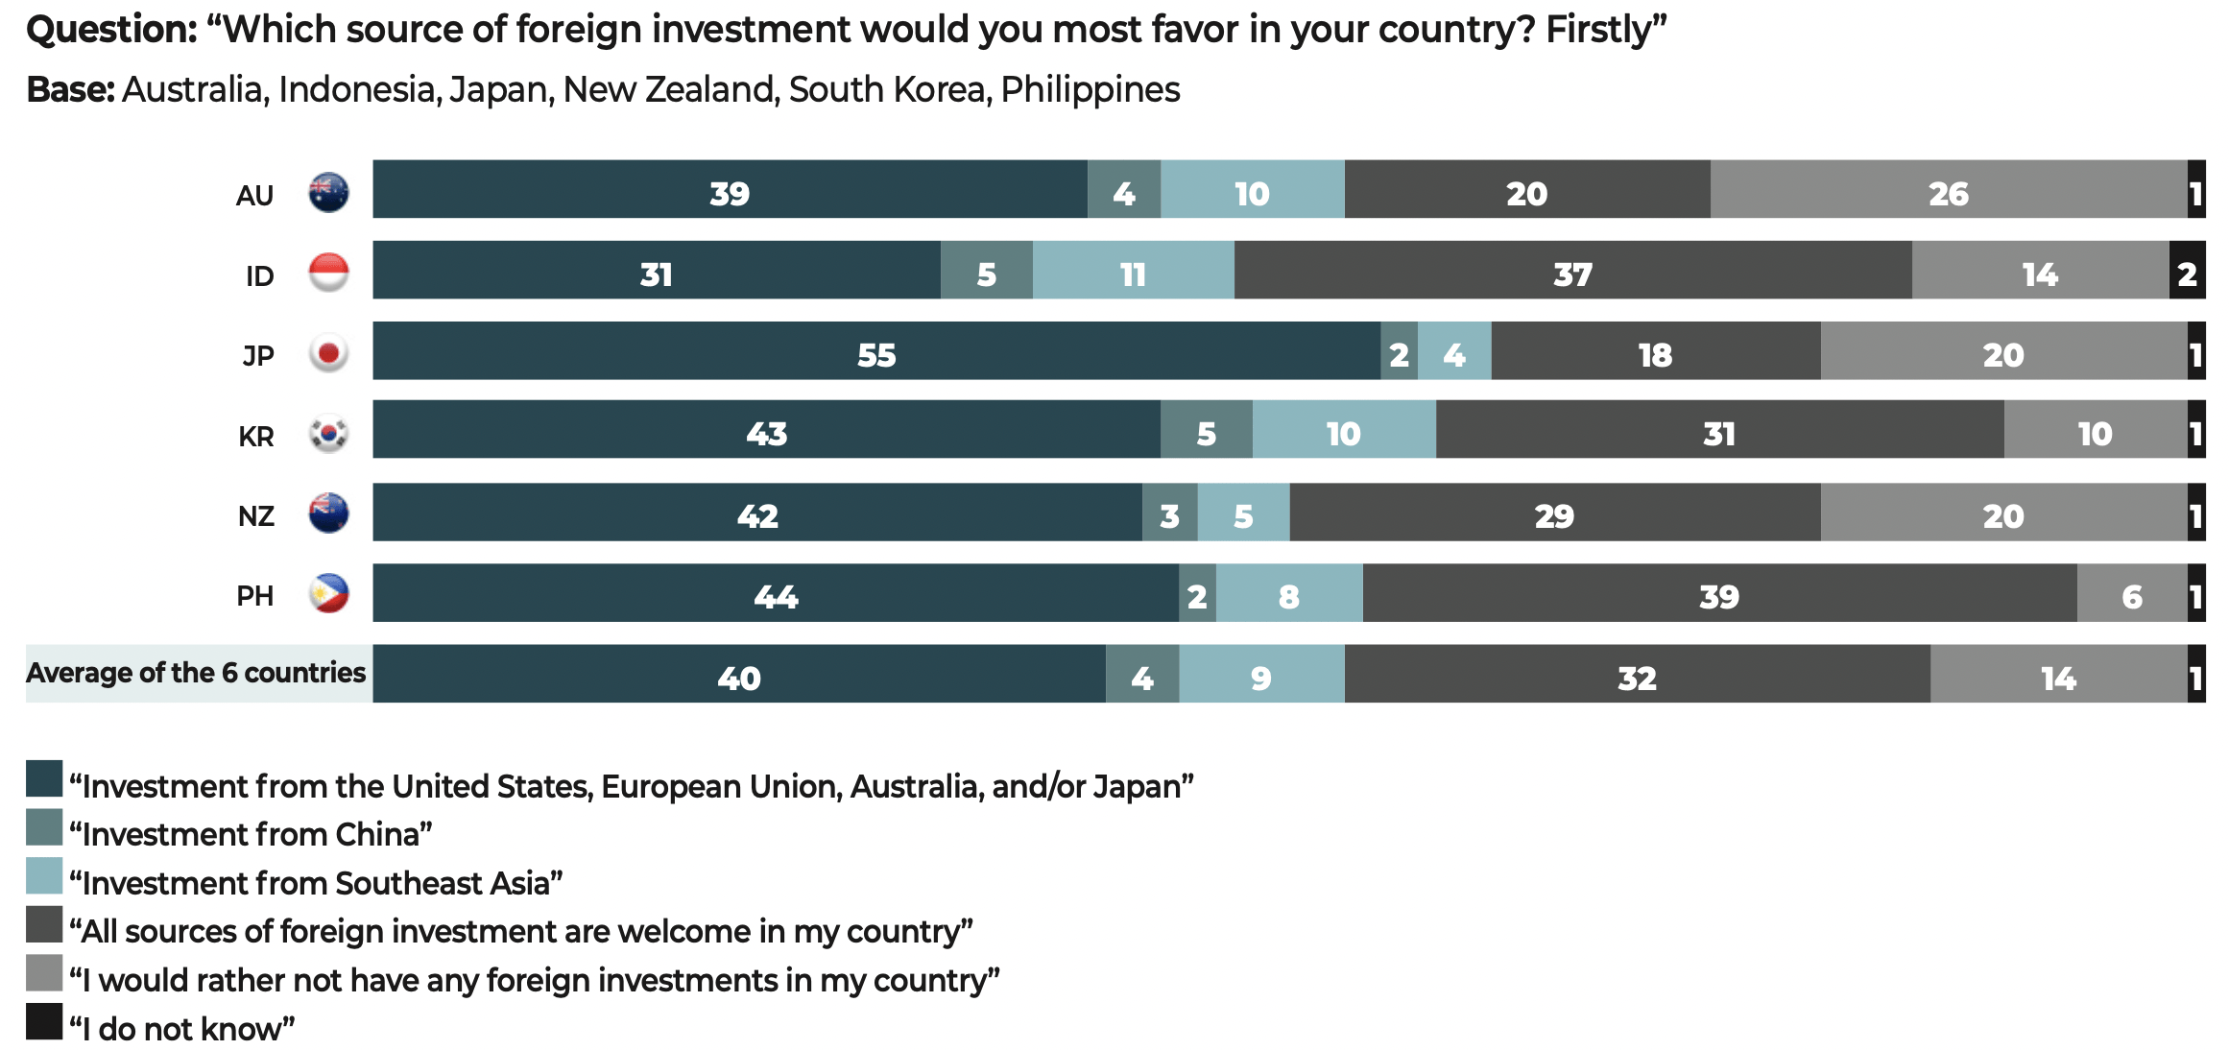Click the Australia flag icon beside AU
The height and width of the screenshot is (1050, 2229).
coord(328,193)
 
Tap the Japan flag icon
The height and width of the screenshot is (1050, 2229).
coord(328,353)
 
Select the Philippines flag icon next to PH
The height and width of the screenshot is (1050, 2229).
coord(328,594)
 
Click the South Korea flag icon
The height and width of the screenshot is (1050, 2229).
coord(328,434)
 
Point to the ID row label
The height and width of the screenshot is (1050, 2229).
coord(259,276)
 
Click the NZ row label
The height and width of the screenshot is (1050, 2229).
coord(256,516)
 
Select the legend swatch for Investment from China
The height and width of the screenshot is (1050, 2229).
coord(44,827)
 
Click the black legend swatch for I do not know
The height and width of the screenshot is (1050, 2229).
coord(44,1021)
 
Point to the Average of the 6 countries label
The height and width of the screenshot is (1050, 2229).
coord(196,673)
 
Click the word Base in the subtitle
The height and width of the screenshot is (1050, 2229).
coord(70,90)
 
